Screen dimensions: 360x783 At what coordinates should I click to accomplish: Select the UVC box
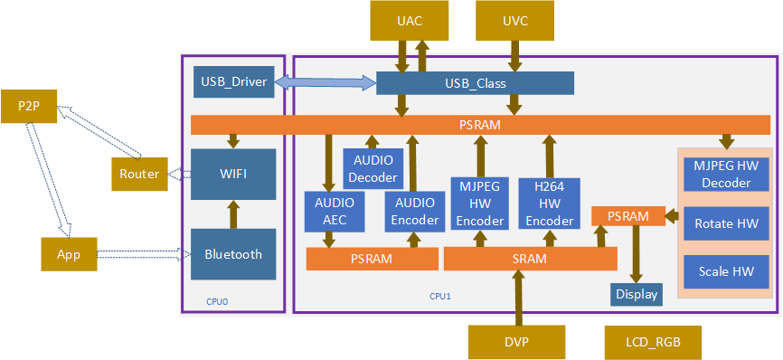pos(514,21)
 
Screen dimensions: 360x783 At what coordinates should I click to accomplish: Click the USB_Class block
pos(475,83)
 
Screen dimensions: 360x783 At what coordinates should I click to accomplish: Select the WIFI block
pos(233,173)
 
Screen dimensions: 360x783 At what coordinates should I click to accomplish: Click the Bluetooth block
pos(233,254)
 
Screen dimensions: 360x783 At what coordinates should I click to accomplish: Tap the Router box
pos(139,174)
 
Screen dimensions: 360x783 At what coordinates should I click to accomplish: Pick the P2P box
pos(29,107)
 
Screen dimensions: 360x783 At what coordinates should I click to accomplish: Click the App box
pos(69,254)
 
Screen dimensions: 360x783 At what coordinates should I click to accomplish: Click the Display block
pos(636,294)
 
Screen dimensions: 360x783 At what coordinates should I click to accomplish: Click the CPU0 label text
pos(217,301)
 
